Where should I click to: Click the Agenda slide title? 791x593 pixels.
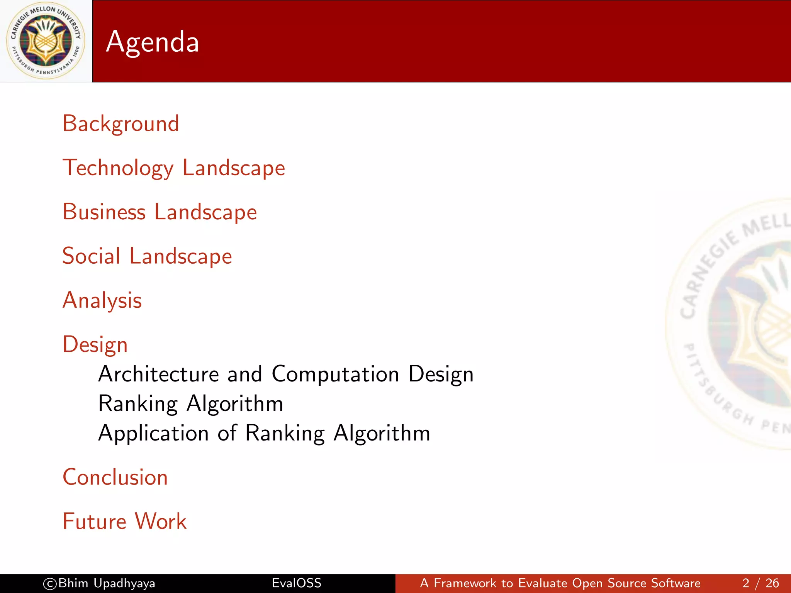pyautogui.click(x=152, y=42)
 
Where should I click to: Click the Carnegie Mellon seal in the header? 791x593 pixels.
pyautogui.click(x=46, y=41)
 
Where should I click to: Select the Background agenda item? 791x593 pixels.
pyautogui.click(x=121, y=124)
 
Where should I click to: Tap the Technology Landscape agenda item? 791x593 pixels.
pyautogui.click(x=174, y=168)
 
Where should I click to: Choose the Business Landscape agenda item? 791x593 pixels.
pyautogui.click(x=160, y=212)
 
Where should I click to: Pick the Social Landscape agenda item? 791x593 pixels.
pyautogui.click(x=147, y=256)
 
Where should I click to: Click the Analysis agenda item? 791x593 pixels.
pyautogui.click(x=102, y=300)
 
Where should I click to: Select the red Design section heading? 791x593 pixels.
pyautogui.click(x=95, y=344)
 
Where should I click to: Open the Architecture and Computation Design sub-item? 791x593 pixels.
pyautogui.click(x=286, y=374)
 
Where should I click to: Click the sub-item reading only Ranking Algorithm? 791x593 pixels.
pyautogui.click(x=191, y=404)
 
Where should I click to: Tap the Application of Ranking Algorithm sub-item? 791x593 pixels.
pyautogui.click(x=264, y=433)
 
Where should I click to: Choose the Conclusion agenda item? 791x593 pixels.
pyautogui.click(x=115, y=477)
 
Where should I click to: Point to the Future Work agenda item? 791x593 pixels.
pyautogui.click(x=124, y=522)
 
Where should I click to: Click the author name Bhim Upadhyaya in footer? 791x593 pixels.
pyautogui.click(x=107, y=583)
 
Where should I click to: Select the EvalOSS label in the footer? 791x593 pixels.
pyautogui.click(x=296, y=583)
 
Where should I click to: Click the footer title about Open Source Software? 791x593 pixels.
pyautogui.click(x=560, y=583)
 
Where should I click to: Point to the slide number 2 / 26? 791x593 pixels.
pyautogui.click(x=760, y=583)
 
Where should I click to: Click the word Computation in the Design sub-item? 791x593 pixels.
pyautogui.click(x=335, y=374)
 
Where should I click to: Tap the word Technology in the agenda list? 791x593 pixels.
pyautogui.click(x=118, y=168)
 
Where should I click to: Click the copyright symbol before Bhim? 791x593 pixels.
pyautogui.click(x=50, y=583)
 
